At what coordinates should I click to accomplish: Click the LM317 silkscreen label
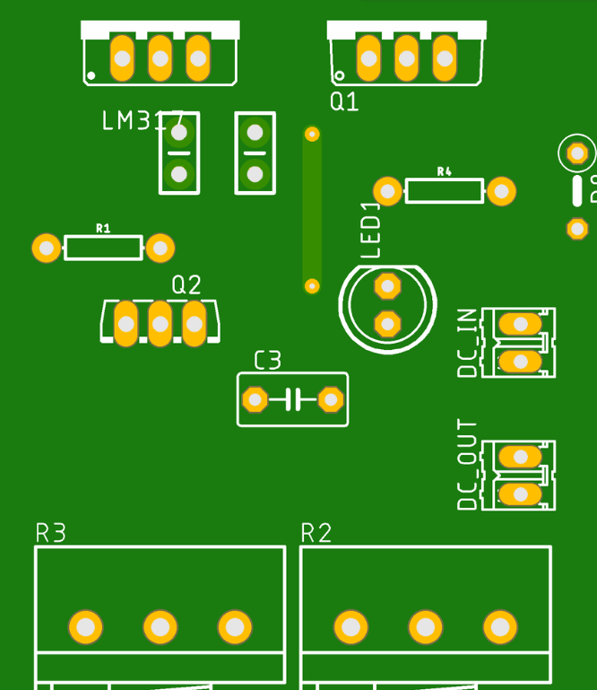pos(143,121)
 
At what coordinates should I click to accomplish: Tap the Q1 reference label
pos(344,101)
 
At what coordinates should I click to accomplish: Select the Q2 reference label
pos(186,285)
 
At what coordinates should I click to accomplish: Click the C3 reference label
pos(267,361)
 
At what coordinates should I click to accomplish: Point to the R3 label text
pos(51,533)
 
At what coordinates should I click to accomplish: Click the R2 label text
pos(316,533)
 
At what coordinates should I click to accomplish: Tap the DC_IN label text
pos(467,343)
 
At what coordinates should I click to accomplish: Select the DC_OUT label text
pos(467,465)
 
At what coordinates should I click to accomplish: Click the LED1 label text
pos(371,231)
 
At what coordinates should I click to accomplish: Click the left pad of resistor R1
pos(46,248)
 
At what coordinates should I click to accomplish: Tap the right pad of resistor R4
pos(501,190)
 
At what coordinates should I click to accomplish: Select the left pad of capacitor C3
pos(255,399)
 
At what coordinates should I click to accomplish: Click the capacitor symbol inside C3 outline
pos(293,399)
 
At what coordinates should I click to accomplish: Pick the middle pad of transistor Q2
pos(160,323)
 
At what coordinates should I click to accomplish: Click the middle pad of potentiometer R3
pos(160,627)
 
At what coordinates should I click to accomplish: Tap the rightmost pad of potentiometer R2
pos(500,627)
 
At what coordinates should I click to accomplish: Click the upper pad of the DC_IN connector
pos(519,323)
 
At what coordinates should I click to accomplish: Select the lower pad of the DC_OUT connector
pos(519,493)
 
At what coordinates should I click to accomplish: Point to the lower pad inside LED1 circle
pos(387,323)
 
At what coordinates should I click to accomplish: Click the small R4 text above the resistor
pos(444,171)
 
